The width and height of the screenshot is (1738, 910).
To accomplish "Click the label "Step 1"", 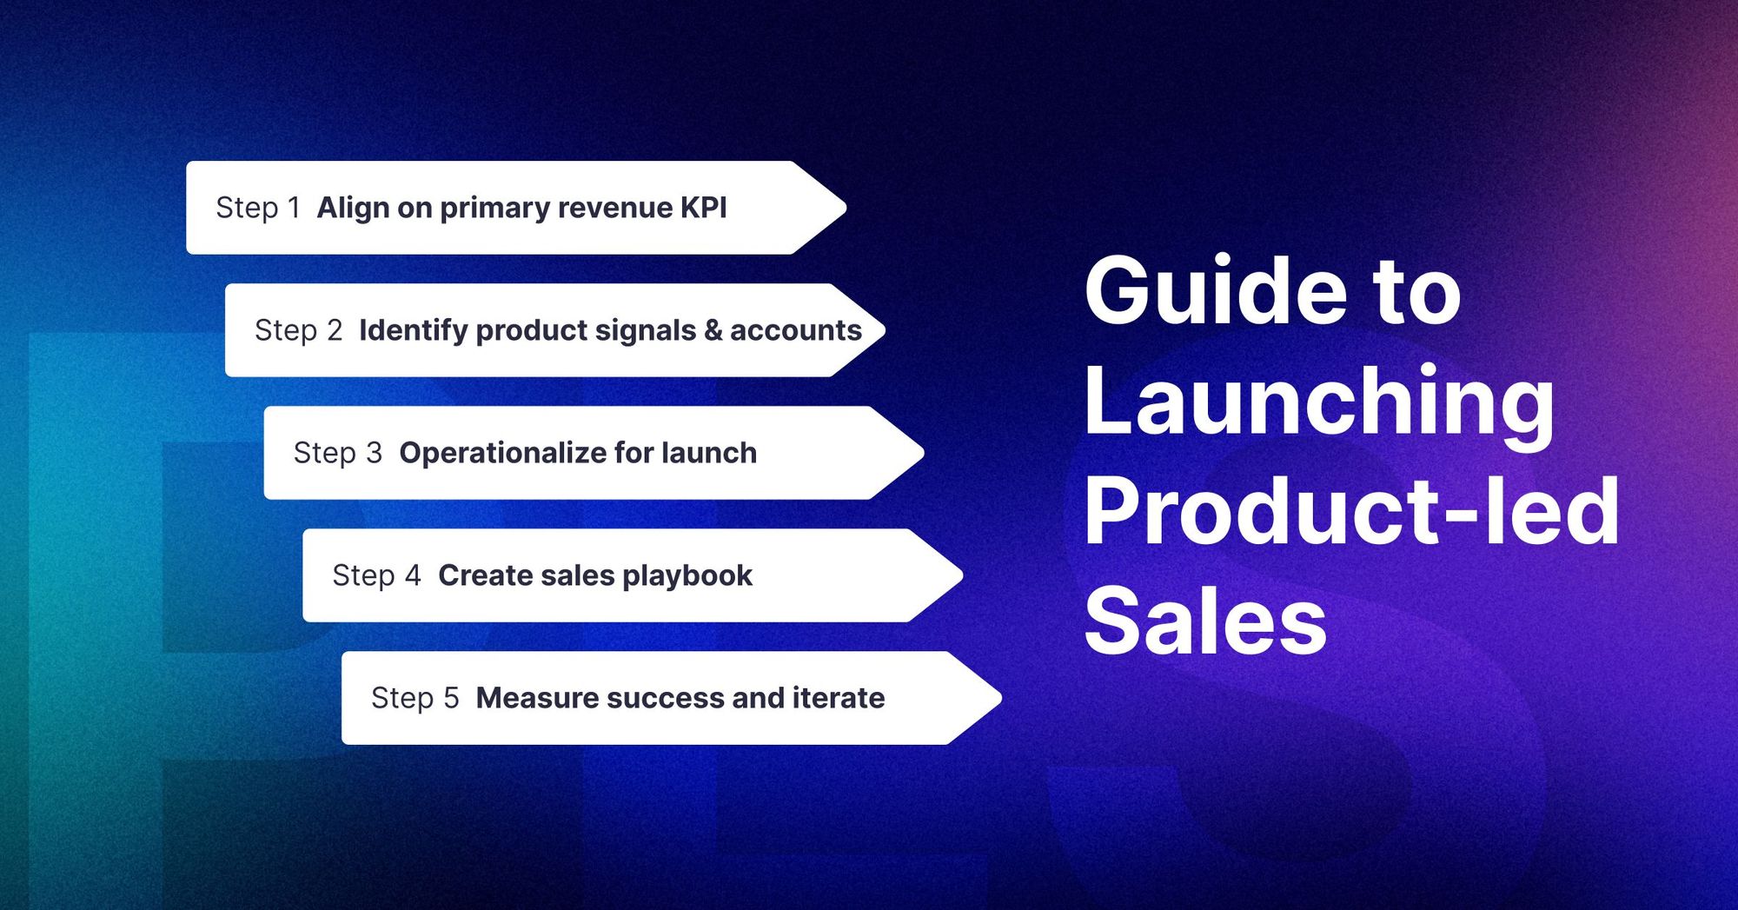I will click(x=258, y=208).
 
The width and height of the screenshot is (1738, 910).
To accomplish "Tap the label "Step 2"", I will click(x=298, y=330).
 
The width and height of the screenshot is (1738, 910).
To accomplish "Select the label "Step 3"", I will click(x=337, y=453).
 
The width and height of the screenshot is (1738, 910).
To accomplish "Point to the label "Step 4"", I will click(x=376, y=575).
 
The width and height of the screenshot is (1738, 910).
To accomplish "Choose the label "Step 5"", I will click(x=415, y=698).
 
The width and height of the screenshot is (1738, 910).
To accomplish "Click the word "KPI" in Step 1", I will click(x=704, y=208).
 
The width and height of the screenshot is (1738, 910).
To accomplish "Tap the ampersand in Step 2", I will click(x=713, y=330).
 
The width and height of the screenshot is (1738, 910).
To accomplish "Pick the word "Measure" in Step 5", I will click(x=536, y=698).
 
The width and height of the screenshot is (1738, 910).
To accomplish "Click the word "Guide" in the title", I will click(x=1215, y=292).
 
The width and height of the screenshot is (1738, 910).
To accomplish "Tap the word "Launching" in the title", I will click(x=1319, y=402).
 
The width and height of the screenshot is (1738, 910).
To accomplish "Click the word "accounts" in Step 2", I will click(x=795, y=330).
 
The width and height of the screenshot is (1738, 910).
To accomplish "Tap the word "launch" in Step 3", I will click(x=708, y=453).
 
